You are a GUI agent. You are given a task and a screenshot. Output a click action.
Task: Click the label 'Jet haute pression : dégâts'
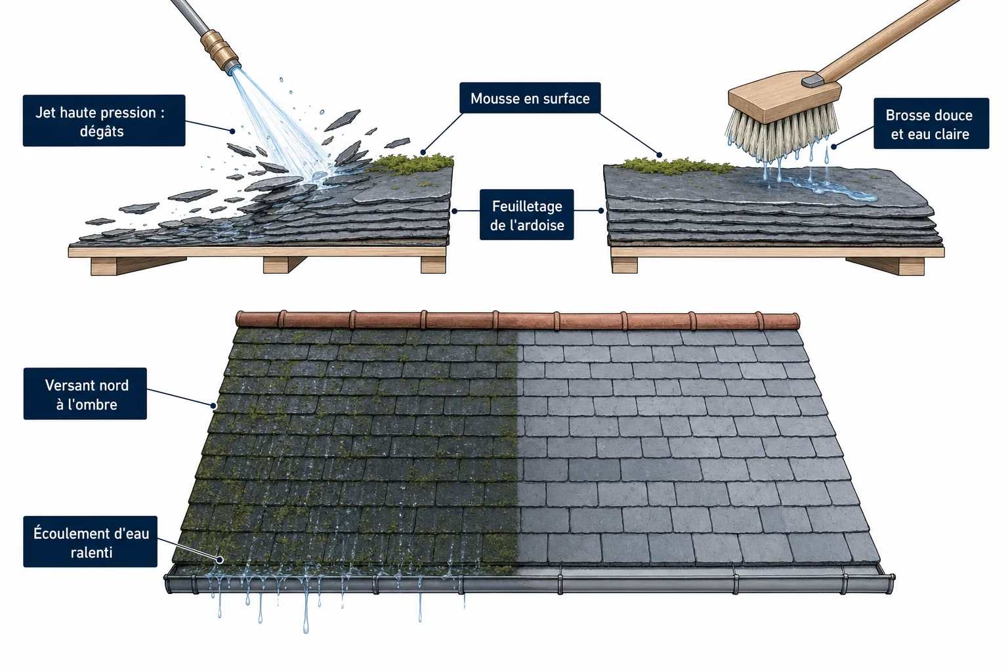point(104,121)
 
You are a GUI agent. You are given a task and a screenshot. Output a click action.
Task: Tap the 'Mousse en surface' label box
point(530,98)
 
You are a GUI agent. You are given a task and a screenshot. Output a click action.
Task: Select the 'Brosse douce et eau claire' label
point(931,123)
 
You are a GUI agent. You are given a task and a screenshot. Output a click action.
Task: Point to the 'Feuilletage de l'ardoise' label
point(526,215)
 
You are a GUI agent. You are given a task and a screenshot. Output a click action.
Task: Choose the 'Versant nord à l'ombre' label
point(85,394)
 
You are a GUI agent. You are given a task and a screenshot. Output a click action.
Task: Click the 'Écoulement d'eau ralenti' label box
point(91,541)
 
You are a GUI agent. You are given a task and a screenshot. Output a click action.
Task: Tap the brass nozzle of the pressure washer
point(220,50)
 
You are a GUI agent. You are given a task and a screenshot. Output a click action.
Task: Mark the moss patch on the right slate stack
point(675,165)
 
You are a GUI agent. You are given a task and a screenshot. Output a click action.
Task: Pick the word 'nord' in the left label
point(114,385)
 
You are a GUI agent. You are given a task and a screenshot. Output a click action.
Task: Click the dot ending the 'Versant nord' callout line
point(214,406)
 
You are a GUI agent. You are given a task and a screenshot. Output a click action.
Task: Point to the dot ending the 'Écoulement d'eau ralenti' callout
point(220,560)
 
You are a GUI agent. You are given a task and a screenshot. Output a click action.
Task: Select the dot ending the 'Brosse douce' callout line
point(834,146)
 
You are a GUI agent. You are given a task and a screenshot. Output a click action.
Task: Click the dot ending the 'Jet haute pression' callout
point(232,131)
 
